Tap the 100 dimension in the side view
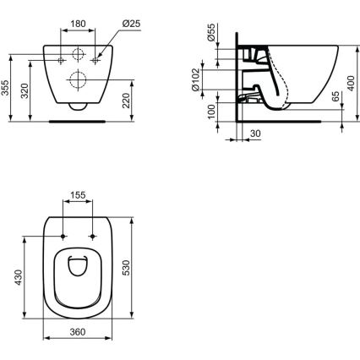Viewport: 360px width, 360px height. pyautogui.click(x=211, y=112)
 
